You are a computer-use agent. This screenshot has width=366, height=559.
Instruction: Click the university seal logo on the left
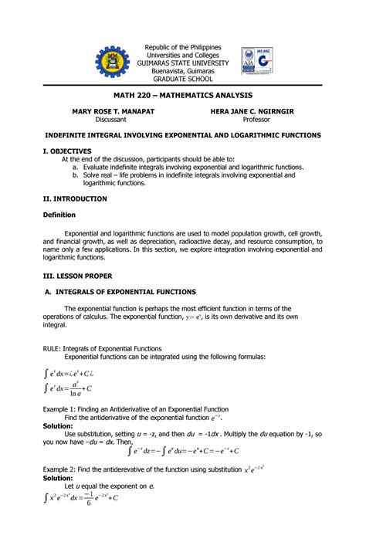tap(114, 64)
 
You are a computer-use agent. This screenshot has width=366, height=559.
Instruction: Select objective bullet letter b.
tap(76, 175)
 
